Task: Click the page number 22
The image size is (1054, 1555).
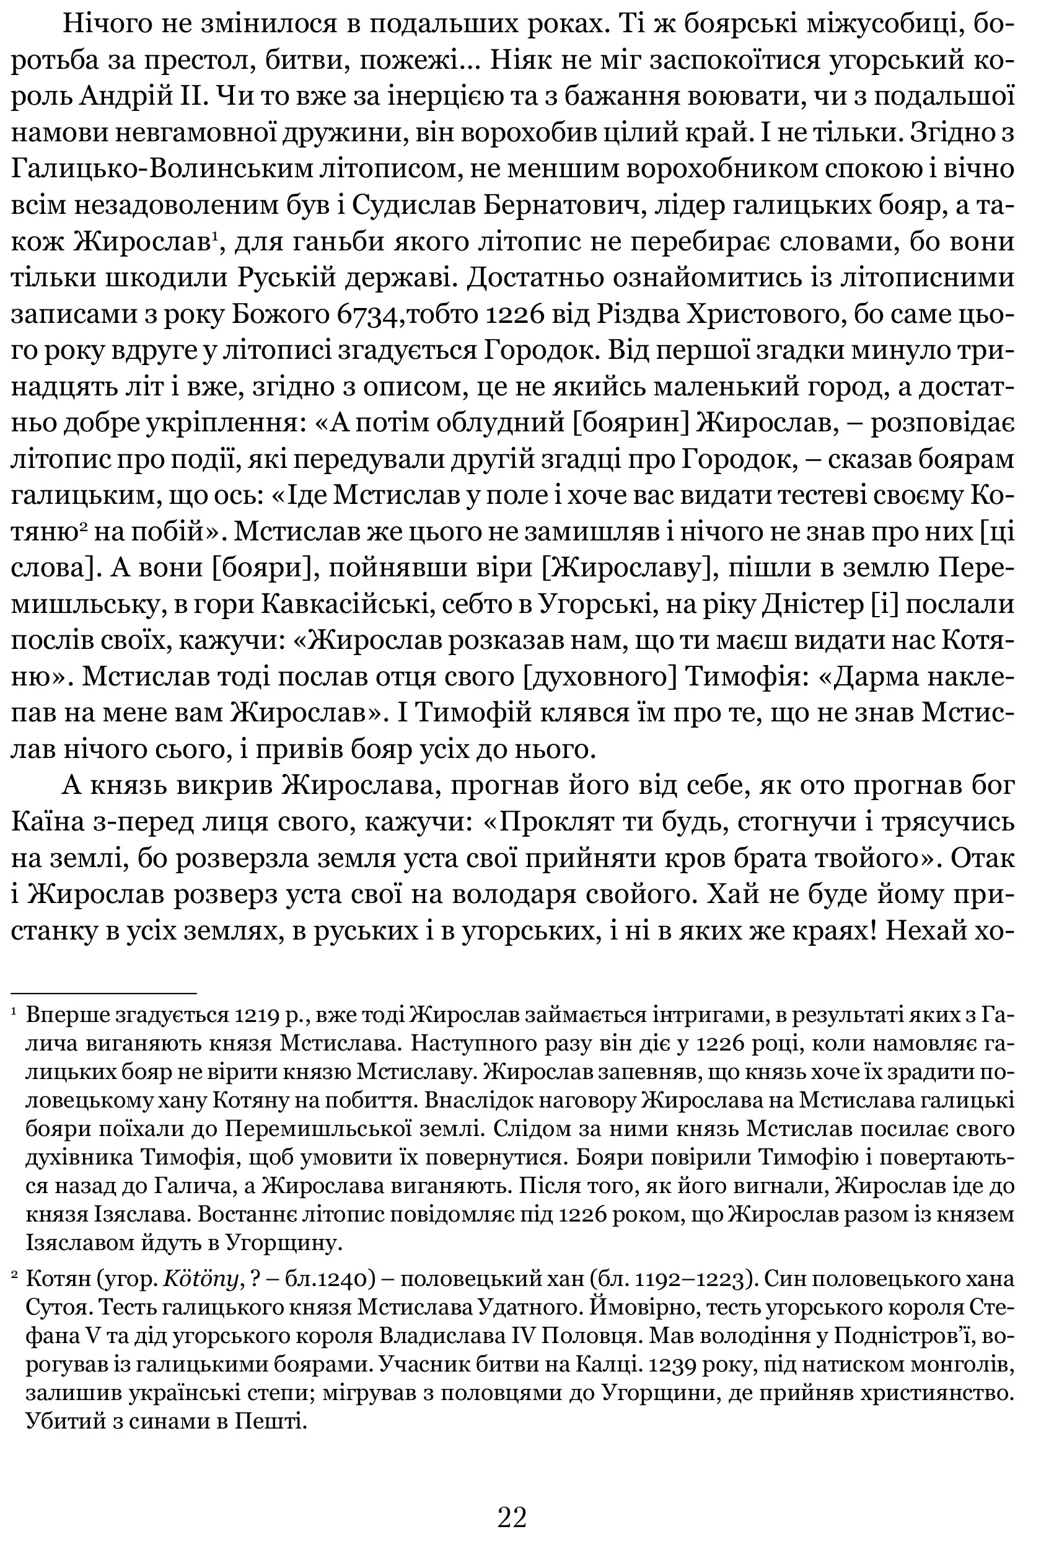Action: click(512, 1498)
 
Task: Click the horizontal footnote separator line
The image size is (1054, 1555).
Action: click(103, 994)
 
